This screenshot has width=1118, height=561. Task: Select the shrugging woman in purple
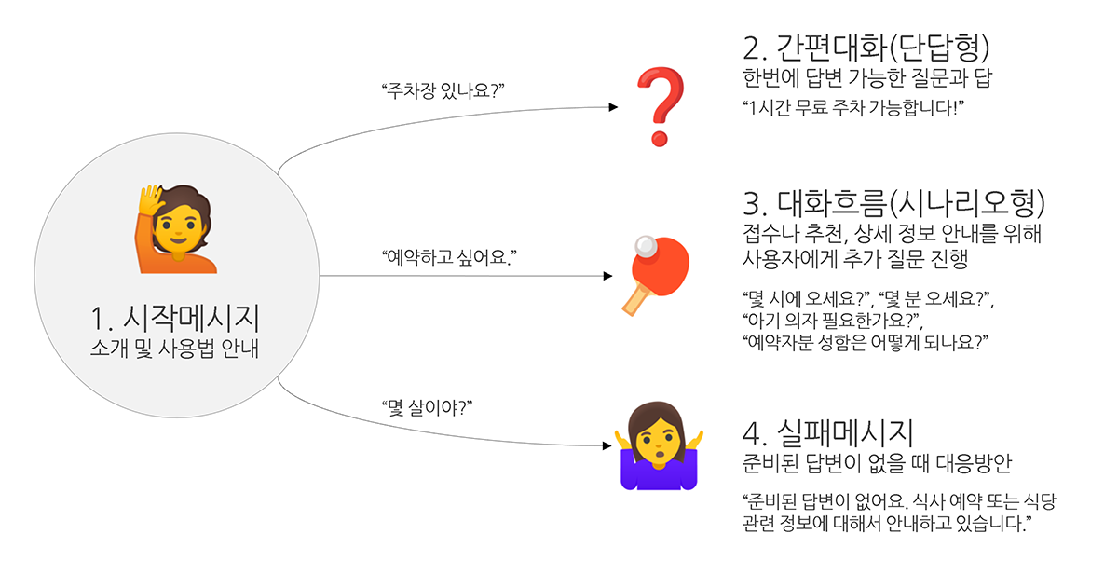coord(659,445)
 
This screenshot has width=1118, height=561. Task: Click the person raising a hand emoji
coord(176,228)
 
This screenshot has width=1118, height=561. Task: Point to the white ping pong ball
coord(646,246)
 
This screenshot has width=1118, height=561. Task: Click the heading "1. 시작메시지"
coord(175,318)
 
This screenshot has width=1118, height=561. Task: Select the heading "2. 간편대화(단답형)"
coord(866,48)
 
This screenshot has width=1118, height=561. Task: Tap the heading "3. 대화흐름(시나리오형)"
coord(893,204)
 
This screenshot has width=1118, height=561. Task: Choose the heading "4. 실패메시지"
coord(828,432)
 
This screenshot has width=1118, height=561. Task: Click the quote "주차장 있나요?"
coord(443,90)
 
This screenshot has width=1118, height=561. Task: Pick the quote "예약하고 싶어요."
coord(449,257)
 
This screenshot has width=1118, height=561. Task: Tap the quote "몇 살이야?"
coord(427,408)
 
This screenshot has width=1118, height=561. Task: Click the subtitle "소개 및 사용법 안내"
coord(175,349)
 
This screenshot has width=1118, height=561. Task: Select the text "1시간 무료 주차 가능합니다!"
coord(853,107)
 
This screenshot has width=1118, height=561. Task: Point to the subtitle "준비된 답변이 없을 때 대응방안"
coord(877,463)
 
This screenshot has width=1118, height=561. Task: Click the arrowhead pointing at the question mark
coord(613,107)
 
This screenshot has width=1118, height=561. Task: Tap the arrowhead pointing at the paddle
coord(607,276)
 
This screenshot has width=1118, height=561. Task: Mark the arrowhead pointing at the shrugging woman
coord(607,445)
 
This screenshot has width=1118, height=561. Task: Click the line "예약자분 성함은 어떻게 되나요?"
coord(865,342)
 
